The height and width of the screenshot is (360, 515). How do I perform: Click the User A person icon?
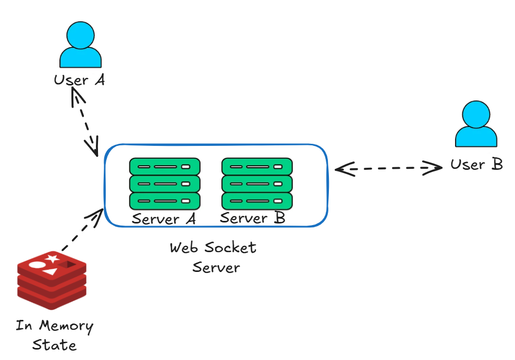pos(80,46)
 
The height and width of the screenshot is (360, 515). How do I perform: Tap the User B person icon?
pos(476,125)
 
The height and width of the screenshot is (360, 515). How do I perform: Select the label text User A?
pos(79,80)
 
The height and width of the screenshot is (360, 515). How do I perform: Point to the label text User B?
pos(476,165)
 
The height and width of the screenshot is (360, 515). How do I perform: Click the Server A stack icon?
pos(165,184)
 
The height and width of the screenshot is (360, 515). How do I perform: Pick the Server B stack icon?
pos(257,184)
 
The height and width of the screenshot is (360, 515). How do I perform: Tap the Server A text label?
pos(164,219)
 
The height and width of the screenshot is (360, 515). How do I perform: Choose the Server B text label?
pos(252,218)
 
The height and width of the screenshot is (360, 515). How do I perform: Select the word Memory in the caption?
pos(67,327)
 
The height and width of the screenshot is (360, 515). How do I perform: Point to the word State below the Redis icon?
pos(54,345)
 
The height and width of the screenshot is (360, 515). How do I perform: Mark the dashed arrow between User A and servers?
pos(85,122)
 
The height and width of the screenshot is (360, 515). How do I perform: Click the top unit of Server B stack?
pos(257,167)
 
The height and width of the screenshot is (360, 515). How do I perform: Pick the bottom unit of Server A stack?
pos(165,201)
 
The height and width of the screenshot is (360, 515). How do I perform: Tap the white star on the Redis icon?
pos(52,258)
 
